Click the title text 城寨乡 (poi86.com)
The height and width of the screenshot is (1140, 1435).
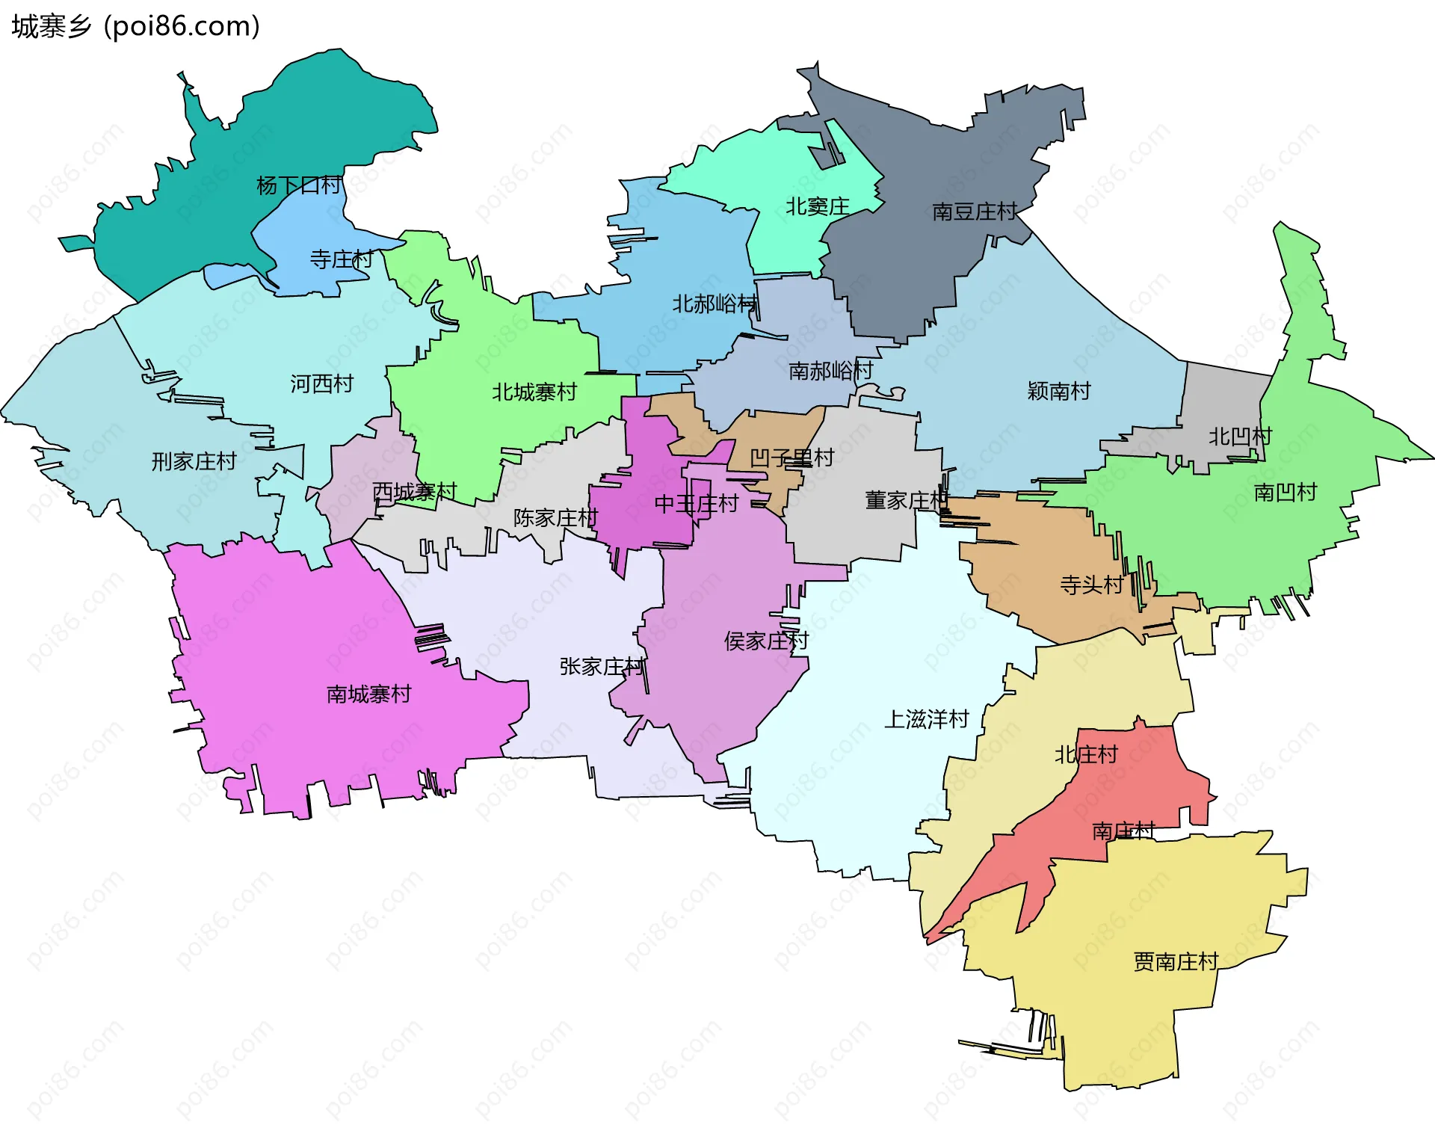tap(135, 27)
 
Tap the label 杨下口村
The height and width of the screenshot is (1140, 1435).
tap(299, 185)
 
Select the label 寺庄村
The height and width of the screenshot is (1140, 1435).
tap(342, 259)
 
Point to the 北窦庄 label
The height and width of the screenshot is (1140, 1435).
tap(817, 206)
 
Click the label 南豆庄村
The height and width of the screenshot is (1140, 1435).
tap(975, 212)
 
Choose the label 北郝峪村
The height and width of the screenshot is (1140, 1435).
tap(715, 304)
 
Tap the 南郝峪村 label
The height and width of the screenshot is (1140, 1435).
tap(831, 371)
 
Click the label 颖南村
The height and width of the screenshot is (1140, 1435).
tap(1059, 391)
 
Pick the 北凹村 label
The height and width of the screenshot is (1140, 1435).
tap(1240, 437)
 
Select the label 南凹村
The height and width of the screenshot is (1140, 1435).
tap(1285, 492)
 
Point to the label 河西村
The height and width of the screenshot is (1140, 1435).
tap(321, 384)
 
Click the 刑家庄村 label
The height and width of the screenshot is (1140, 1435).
tap(194, 461)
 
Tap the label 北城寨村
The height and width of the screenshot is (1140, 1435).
tap(534, 392)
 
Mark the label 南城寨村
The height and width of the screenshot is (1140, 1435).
tap(368, 694)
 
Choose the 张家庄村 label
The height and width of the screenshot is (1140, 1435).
tap(602, 667)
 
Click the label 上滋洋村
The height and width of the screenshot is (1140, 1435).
tap(927, 719)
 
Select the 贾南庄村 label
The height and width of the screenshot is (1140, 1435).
tap(1176, 961)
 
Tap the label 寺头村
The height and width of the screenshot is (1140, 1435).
tap(1091, 585)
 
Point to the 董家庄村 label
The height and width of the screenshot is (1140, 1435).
tap(907, 500)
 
